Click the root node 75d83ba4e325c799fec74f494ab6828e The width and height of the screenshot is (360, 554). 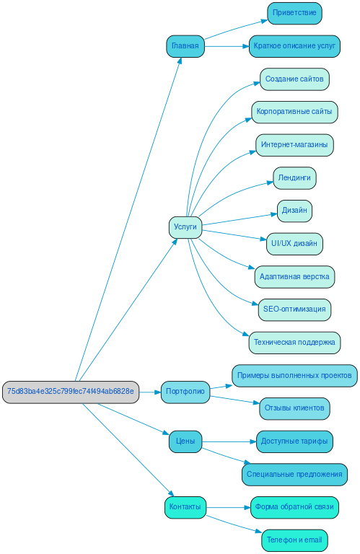[70, 392]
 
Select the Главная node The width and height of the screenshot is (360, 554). [185, 45]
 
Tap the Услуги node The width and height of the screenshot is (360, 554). [185, 227]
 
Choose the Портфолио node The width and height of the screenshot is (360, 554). [185, 392]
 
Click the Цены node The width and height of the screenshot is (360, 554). [185, 441]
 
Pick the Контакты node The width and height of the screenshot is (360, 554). [185, 507]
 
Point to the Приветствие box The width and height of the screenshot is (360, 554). [294, 13]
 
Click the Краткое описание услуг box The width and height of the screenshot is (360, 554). [294, 45]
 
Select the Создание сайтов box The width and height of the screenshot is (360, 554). [294, 79]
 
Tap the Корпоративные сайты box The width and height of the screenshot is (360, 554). [294, 112]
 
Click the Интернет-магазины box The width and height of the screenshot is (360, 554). [294, 144]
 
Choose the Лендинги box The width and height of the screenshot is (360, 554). [294, 177]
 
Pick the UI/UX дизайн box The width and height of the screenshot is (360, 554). [294, 243]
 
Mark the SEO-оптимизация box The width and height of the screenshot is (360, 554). [294, 309]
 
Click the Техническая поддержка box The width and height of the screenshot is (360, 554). [294, 342]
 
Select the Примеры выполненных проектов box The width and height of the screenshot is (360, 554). [294, 375]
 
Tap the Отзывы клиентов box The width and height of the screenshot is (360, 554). [294, 408]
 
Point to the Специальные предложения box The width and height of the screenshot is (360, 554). [294, 474]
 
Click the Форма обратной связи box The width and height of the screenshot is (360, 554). [294, 507]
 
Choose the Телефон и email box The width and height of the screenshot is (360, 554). [294, 540]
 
